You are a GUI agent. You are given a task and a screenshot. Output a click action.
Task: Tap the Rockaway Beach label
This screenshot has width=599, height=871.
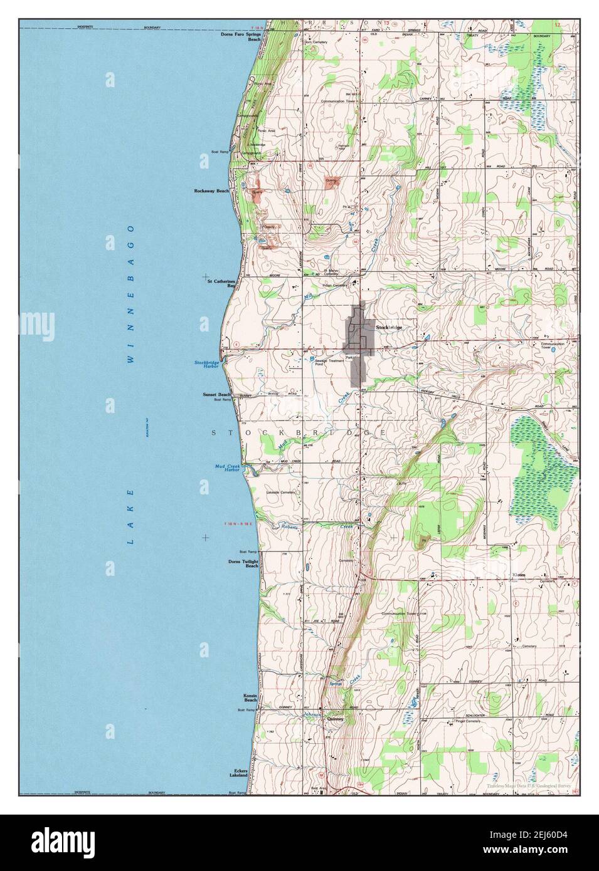[211, 190]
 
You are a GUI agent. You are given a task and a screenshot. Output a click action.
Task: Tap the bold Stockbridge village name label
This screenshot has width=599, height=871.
[389, 328]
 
